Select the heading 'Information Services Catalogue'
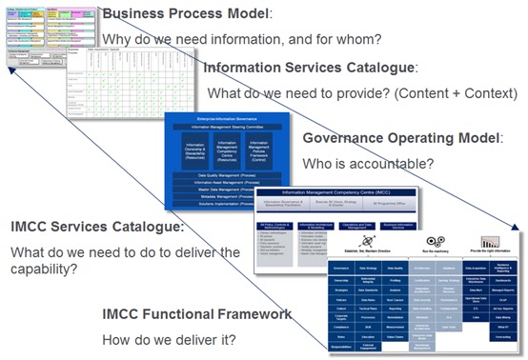(x=309, y=69)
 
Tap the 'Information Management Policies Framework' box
(x=252, y=150)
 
